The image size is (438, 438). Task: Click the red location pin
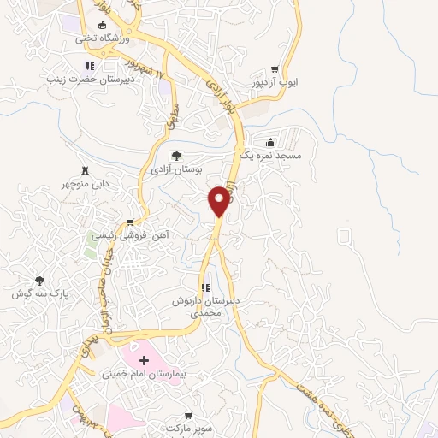(219, 200)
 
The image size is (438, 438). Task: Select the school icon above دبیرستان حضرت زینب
(89, 67)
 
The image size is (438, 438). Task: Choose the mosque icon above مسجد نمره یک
(271, 142)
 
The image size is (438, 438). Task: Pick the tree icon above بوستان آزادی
(176, 156)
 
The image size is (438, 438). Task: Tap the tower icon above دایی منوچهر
(84, 169)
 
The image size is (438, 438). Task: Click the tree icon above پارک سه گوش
(39, 280)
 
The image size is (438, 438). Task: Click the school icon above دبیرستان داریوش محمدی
(204, 288)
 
